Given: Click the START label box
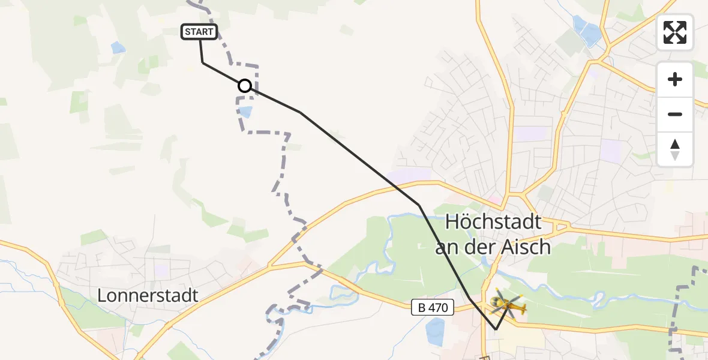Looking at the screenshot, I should pos(199,32).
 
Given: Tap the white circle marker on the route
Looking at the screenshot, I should pos(245,86).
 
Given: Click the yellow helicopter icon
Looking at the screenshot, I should pos(507,305).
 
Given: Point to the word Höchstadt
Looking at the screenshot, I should pos(493,223).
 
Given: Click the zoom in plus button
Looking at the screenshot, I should pos(675,79).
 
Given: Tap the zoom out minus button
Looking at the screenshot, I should pos(675,114).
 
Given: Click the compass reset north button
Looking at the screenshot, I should pos(675,149).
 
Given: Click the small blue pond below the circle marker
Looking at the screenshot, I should pos(245,112).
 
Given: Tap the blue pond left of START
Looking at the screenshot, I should pos(118,47).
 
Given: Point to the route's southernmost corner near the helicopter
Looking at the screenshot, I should pos(496,329).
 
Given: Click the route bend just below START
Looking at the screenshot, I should pos(203,62).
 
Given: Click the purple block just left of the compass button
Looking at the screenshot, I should pos(613,149).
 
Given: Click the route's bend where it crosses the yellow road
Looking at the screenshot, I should pos(419,205).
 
